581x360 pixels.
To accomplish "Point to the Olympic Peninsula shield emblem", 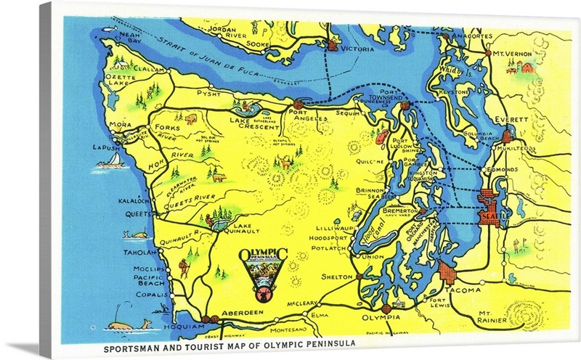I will click(262, 273).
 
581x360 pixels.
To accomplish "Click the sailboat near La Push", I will click(110, 162).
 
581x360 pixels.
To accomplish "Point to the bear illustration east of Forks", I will click(190, 118).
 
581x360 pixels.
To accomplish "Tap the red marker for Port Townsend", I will click(405, 106).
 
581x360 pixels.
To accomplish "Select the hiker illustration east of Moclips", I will click(183, 269).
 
